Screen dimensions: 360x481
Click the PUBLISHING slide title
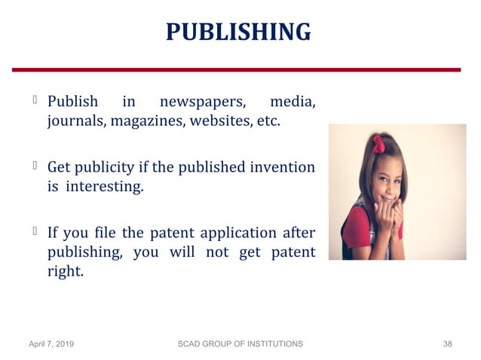pos(238,32)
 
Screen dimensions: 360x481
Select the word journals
pos(74,121)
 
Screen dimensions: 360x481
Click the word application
pos(247,232)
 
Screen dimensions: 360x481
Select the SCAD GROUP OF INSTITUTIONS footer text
pos(240,343)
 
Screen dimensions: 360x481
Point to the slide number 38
pos(447,343)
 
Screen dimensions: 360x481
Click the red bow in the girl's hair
pos(378,144)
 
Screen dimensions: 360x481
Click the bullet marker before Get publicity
pos(35,164)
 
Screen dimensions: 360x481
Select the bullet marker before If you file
pos(35,230)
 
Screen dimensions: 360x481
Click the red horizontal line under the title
pos(238,69)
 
